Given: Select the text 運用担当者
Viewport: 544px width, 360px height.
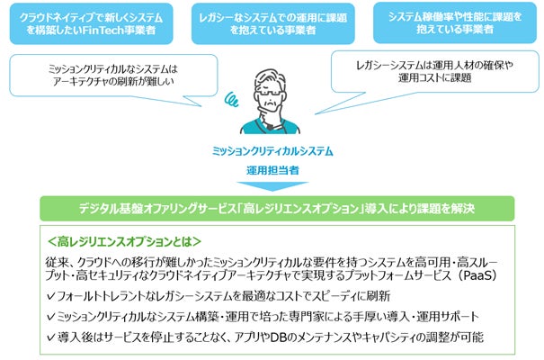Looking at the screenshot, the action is [272, 169].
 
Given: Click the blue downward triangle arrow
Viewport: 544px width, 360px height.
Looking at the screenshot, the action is [272, 186].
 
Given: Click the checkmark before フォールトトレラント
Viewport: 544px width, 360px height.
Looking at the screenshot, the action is [51, 297].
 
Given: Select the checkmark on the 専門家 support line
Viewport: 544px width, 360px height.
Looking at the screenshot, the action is [51, 317].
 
